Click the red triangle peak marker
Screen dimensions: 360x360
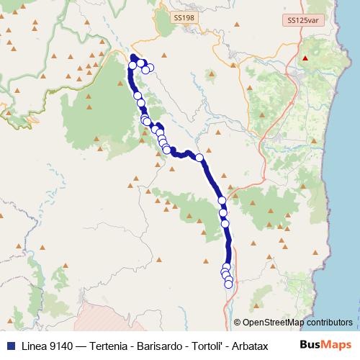tap(305, 58)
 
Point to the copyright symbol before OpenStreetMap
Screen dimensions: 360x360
tap(238, 323)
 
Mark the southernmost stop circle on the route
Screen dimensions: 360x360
tap(228, 284)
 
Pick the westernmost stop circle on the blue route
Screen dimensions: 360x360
tap(132, 66)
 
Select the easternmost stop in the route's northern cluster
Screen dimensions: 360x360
tap(150, 68)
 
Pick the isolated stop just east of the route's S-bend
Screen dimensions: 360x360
tap(199, 158)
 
